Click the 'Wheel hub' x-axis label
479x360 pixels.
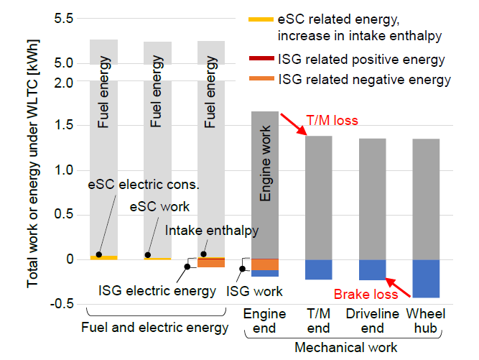click(426, 321)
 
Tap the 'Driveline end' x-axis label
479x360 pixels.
click(372, 321)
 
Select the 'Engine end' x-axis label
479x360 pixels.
click(264, 321)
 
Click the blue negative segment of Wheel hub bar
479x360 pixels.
click(426, 278)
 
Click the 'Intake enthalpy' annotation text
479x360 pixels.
click(212, 231)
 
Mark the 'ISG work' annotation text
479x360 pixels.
click(254, 291)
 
